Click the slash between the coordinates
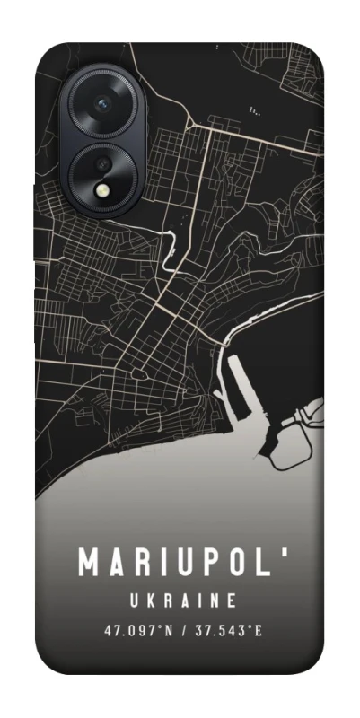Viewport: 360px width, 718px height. (x=183, y=630)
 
